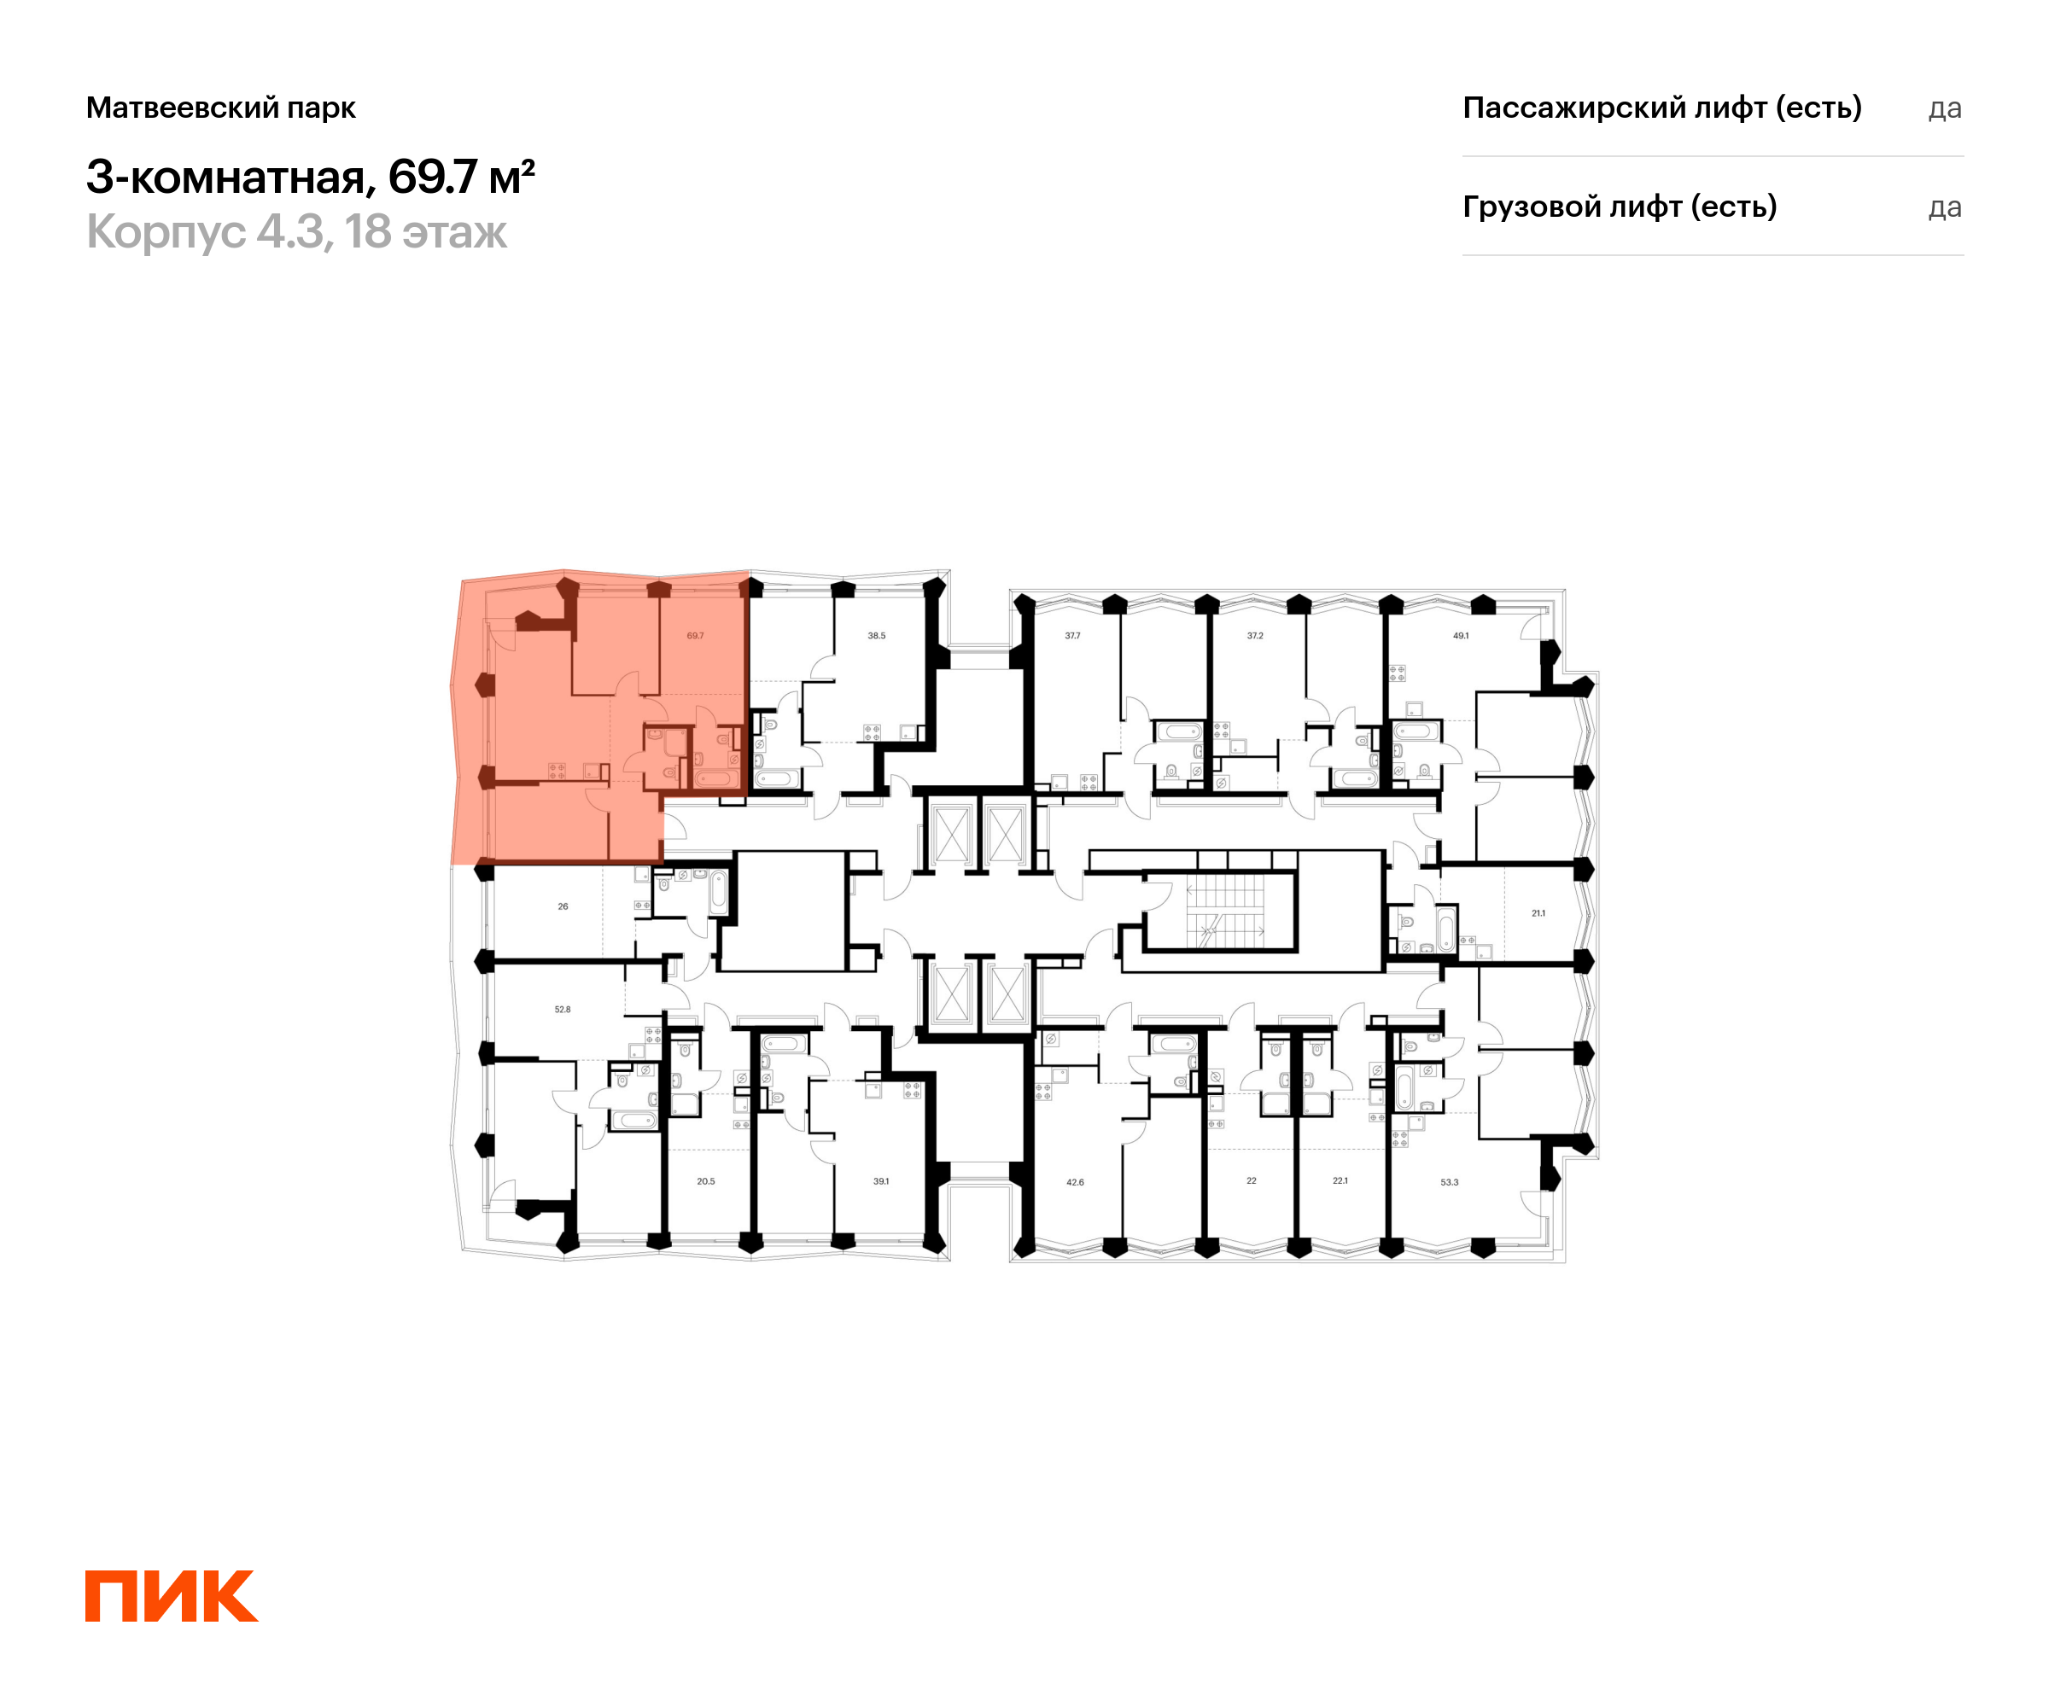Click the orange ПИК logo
172,1596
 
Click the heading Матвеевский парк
220,108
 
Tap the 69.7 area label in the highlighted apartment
695,636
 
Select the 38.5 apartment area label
876,636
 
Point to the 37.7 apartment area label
1072,636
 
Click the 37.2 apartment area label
1255,636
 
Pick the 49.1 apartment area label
1461,636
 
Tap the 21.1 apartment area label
1538,914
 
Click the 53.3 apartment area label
1449,1182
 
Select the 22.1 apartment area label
1340,1181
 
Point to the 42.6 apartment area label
1074,1182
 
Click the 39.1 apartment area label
881,1181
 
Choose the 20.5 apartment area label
705,1181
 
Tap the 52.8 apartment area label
562,1010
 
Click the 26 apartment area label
563,907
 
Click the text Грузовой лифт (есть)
1619,207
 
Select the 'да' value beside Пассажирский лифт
1945,108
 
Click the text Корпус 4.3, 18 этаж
296,232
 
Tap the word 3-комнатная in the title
225,177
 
